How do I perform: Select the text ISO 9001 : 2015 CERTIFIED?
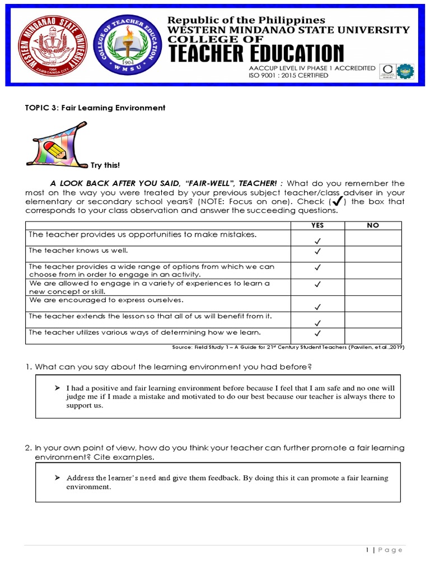(288, 76)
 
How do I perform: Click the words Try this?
(105, 165)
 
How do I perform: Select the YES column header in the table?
(317, 225)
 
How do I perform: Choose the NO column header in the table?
(372, 225)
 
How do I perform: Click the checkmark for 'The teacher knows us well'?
(317, 252)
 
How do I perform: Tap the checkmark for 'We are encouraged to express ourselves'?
(317, 307)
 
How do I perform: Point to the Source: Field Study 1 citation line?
(288, 348)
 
